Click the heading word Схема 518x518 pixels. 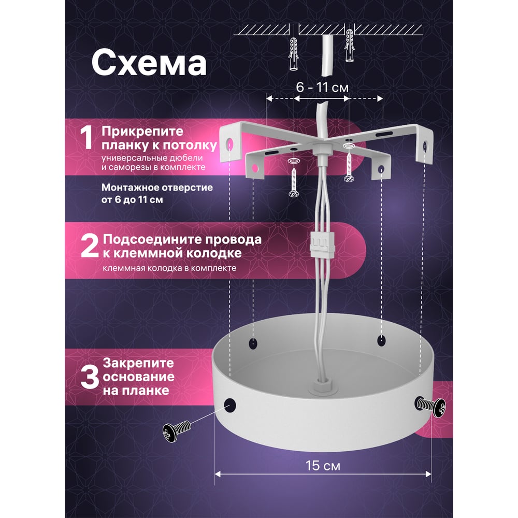[149, 63]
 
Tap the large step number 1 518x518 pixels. [87, 138]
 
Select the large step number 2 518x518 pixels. [90, 246]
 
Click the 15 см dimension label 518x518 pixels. [323, 466]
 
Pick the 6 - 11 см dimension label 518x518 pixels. [322, 87]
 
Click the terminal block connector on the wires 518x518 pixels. [322, 244]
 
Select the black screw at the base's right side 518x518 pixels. [431, 406]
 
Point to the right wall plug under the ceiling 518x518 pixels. [350, 46]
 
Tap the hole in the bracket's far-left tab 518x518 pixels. [230, 143]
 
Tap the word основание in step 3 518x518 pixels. [139, 377]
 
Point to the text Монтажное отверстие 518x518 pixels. [157, 188]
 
